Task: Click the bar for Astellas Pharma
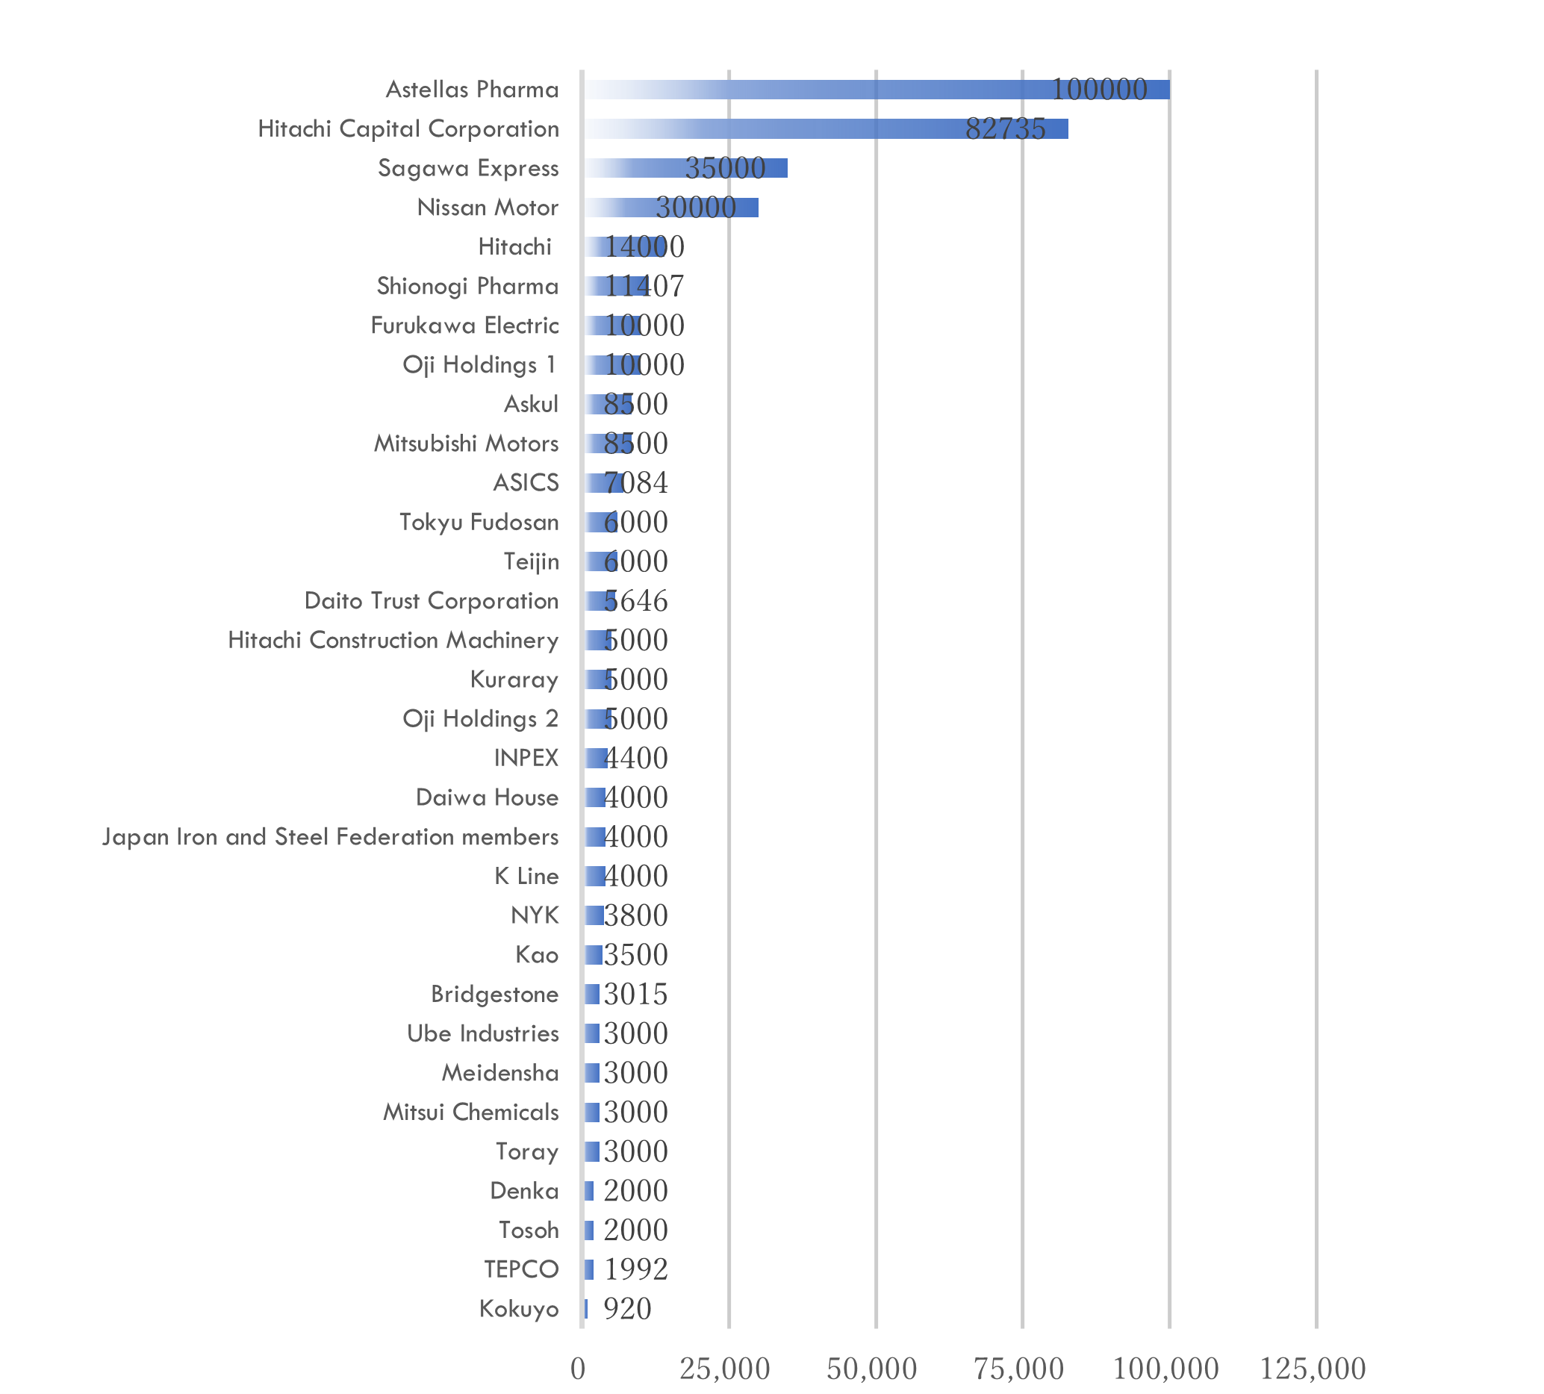click(x=877, y=90)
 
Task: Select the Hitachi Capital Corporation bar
click(x=826, y=128)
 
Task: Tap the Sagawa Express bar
click(x=685, y=168)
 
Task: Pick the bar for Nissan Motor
click(x=671, y=208)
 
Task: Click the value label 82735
click(x=1005, y=128)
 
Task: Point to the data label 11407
click(x=644, y=287)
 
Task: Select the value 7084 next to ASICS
click(x=635, y=482)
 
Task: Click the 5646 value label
click(x=635, y=600)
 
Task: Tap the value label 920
click(x=627, y=1309)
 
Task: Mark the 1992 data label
click(x=635, y=1269)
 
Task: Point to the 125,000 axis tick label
click(x=1313, y=1369)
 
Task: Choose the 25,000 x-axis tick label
click(x=724, y=1369)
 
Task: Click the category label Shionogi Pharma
click(x=467, y=287)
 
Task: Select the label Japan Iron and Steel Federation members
click(x=330, y=836)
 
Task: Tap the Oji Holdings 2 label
click(x=480, y=718)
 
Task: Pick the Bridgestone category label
click(x=494, y=995)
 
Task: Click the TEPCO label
click(x=521, y=1269)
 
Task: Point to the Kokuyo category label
click(x=518, y=1309)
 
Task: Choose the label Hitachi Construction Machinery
click(x=393, y=641)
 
